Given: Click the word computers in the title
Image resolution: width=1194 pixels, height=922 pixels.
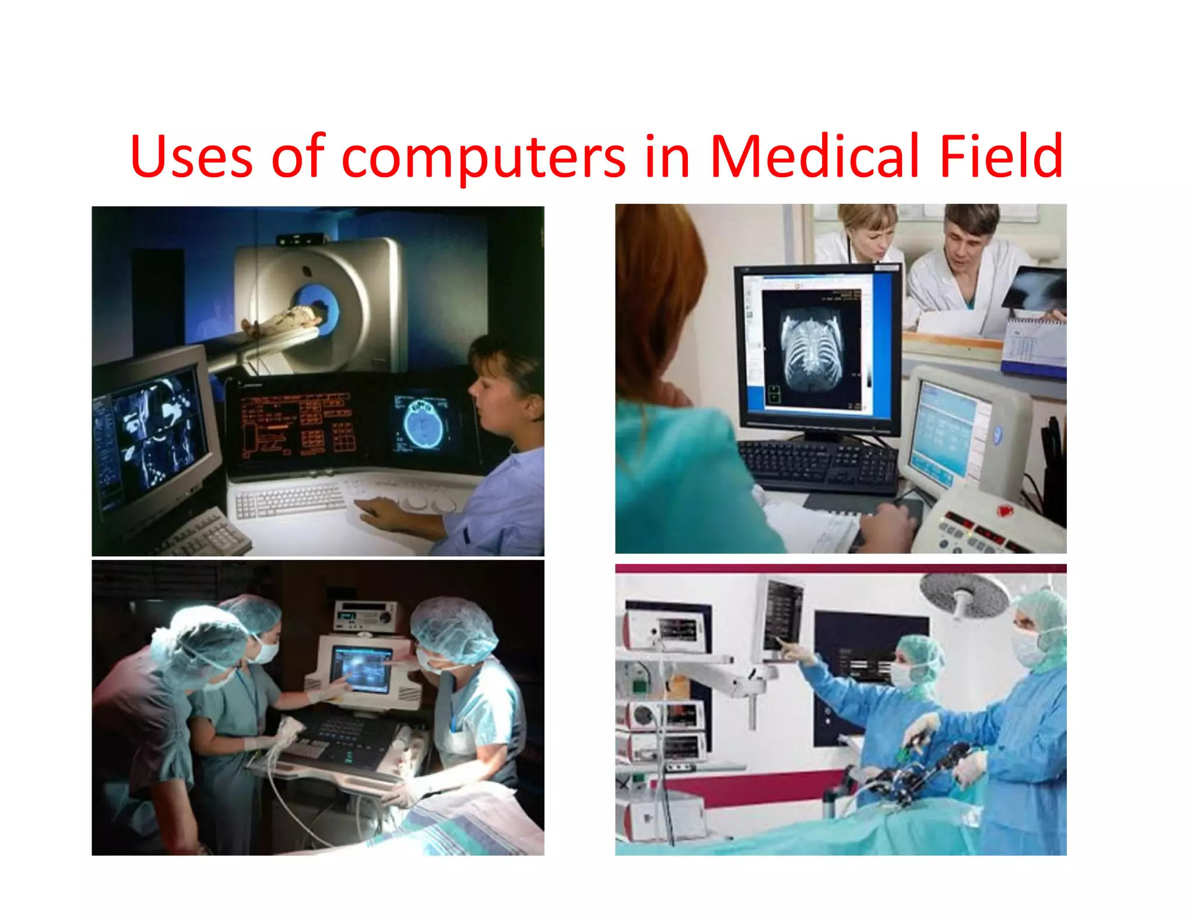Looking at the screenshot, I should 483,157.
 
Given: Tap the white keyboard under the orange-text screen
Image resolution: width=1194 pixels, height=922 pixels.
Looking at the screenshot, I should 290,501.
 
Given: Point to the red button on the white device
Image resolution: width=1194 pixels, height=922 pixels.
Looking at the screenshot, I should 1004,511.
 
